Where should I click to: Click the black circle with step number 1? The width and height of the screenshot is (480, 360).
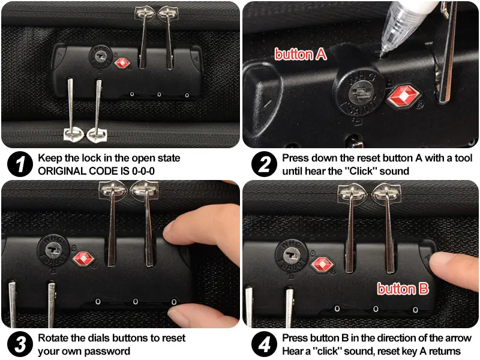tap(20, 164)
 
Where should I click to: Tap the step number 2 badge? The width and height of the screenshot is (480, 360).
tap(264, 164)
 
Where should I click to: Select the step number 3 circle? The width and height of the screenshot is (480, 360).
tap(20, 344)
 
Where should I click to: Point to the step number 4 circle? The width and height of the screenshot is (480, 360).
tap(264, 344)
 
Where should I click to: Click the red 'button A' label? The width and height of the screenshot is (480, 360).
tap(301, 55)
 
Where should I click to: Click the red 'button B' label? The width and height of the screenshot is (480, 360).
tap(403, 289)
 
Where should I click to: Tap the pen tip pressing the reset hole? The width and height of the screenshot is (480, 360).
tap(382, 55)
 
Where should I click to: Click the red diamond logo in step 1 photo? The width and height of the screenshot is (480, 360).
tap(122, 64)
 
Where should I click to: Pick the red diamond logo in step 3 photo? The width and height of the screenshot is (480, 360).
tap(83, 259)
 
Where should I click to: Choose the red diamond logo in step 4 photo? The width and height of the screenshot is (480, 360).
tap(322, 264)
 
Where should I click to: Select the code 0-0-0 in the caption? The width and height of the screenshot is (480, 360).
tap(143, 171)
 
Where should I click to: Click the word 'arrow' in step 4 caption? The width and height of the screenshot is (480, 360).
tap(457, 338)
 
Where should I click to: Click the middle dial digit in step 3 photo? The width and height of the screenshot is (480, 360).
tap(136, 302)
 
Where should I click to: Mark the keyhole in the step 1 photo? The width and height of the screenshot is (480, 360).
tap(100, 56)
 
